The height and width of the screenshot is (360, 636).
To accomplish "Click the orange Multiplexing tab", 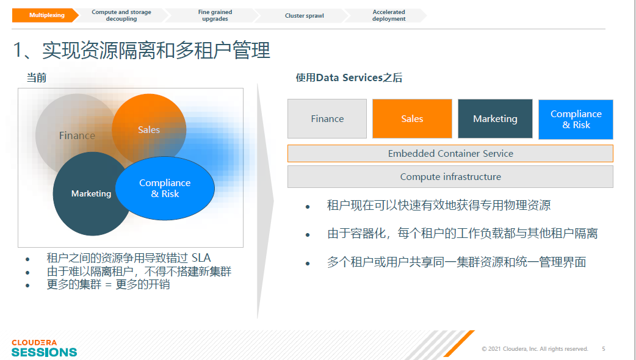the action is pos(45,15).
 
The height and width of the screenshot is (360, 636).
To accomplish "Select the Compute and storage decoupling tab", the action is pos(121,15).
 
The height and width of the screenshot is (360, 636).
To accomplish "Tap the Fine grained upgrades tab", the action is pos(215,15).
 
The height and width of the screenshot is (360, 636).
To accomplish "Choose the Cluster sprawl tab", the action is pos(304,15).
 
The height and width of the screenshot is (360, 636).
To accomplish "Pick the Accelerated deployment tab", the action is pos(389,15).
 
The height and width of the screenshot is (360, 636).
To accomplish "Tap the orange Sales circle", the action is pos(149,129).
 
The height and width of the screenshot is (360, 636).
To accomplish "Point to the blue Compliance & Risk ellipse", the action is pos(165,188).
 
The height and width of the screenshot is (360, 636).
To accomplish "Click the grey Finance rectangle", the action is pos(327,119).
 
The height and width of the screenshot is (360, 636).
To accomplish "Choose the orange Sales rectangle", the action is pos(412,119).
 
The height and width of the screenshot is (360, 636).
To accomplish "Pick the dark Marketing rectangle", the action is pos(495,119).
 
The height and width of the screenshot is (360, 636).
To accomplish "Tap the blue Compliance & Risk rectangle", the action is pos(576,119).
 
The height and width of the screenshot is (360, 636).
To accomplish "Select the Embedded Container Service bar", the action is pos(450,154).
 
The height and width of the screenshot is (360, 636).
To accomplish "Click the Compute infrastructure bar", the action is pos(450,177).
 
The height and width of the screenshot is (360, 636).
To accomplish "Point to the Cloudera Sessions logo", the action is pos(44,348).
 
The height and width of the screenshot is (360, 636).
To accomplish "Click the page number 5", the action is pos(604,348).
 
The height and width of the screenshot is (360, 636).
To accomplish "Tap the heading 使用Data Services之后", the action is pos(349,77).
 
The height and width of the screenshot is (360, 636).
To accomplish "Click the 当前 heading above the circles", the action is pos(37,77).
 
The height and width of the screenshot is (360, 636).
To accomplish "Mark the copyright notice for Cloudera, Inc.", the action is pos(535,348).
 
